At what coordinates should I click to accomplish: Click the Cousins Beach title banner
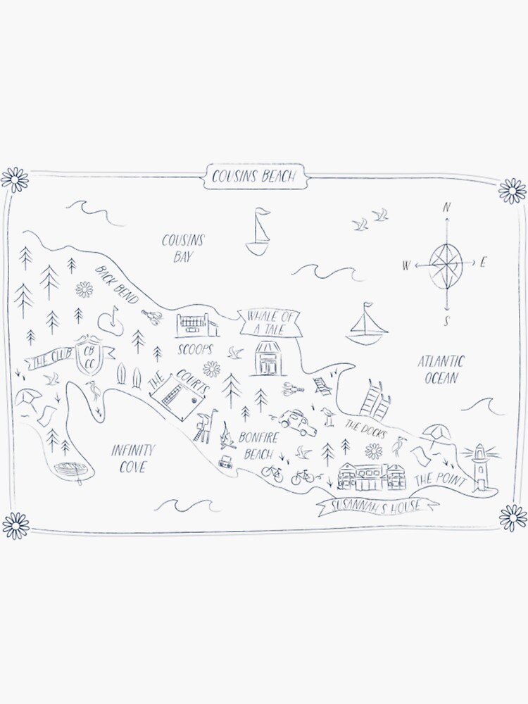254,177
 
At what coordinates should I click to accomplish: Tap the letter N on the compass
446,208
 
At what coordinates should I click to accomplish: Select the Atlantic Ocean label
441,370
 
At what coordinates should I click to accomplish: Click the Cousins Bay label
182,248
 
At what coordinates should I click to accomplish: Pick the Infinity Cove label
132,458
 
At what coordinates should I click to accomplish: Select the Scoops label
192,349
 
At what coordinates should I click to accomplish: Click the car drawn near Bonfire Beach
293,419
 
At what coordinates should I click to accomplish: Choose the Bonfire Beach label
259,446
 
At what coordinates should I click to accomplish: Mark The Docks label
363,429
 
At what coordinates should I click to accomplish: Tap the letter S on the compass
446,322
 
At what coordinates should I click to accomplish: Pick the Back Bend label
119,285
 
